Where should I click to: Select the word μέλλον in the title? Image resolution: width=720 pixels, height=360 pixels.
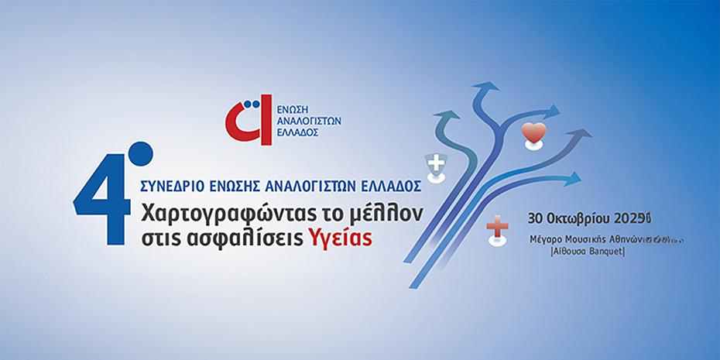390,211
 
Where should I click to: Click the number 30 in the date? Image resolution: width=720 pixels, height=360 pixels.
535,218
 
